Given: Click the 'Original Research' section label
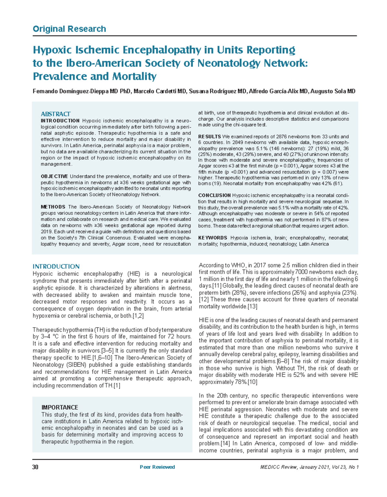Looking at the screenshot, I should [x=69, y=29].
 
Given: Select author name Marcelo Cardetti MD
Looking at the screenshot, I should [x=160, y=91].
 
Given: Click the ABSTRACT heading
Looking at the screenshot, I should [x=55, y=114].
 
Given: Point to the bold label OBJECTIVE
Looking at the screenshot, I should [x=54, y=176].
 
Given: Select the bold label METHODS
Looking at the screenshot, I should [x=53, y=207].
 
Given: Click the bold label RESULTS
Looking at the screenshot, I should [x=209, y=137].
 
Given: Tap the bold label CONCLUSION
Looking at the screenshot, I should [x=214, y=195].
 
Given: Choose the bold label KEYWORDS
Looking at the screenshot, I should [x=213, y=238].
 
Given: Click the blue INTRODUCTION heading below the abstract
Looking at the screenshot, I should [x=56, y=266].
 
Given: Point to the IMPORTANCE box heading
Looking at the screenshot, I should [x=60, y=407].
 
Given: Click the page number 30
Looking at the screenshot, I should [x=35, y=467].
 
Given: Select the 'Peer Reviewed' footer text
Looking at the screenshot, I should [x=157, y=467].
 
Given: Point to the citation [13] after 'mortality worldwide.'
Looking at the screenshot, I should [x=252, y=306].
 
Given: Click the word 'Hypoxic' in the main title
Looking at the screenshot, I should [x=52, y=50].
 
